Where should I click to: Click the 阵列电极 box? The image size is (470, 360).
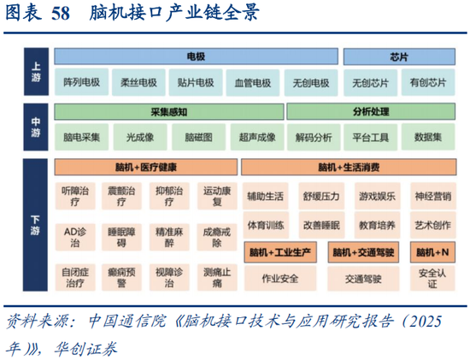pos(81,83)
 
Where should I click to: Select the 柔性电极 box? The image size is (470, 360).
pos(138,83)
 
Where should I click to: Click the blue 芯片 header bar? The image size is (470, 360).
pos(397,56)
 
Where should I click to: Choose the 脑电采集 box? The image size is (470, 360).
pos(81,137)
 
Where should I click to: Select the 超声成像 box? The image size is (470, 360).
pos(253,137)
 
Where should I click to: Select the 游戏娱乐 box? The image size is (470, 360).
pos(377,196)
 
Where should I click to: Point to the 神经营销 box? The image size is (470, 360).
pos(431,196)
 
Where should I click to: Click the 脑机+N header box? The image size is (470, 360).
pos(431,253)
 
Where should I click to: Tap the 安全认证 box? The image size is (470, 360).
pos(431,278)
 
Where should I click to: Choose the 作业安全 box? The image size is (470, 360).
pos(279,278)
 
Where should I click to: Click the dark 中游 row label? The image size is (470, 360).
pos(36,124)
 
